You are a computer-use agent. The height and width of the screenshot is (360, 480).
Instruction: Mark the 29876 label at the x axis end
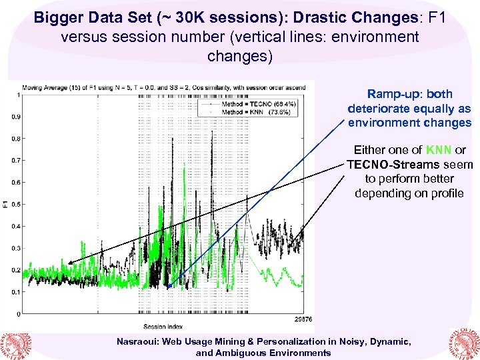(303, 319)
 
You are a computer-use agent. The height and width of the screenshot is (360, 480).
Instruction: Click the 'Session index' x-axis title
(159, 326)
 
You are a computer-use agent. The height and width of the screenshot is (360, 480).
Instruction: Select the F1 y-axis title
(5, 203)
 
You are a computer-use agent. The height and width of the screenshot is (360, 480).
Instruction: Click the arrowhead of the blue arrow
(169, 287)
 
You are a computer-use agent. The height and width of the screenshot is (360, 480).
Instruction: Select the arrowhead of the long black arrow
(70, 261)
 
